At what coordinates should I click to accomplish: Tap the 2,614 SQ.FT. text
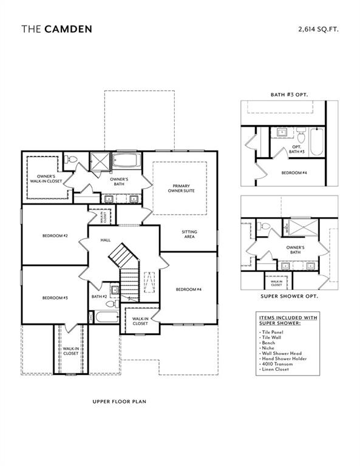(x=318, y=29)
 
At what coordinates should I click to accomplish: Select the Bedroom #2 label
(x=55, y=235)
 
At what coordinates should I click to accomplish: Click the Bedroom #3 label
(x=55, y=298)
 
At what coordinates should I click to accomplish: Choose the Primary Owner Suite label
(x=182, y=188)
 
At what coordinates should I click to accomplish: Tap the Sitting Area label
(x=189, y=235)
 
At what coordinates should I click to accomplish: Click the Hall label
(x=104, y=241)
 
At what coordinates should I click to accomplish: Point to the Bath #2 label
(x=99, y=296)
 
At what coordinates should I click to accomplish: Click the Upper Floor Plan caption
(x=119, y=402)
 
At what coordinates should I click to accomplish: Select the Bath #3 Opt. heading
(x=289, y=95)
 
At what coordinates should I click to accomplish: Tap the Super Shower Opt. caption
(x=289, y=296)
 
